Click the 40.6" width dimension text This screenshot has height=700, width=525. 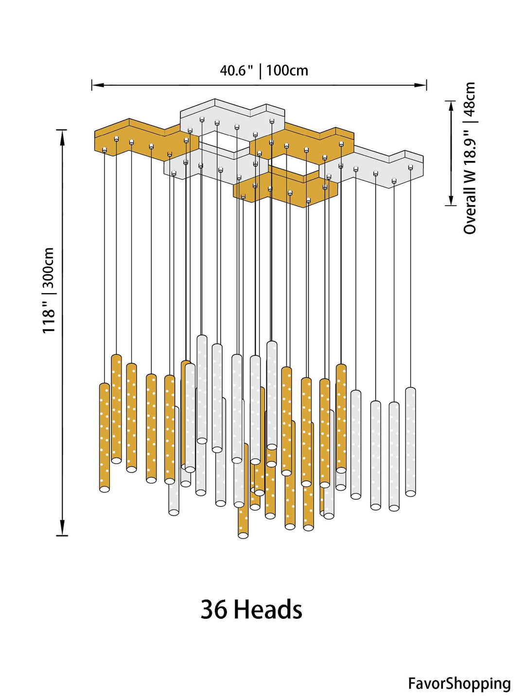236,71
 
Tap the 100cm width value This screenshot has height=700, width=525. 287,71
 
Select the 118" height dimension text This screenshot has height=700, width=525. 49,316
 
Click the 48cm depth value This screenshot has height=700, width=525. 470,97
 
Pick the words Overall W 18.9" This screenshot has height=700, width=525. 470,182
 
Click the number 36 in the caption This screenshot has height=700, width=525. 214,610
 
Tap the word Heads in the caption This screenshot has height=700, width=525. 268,610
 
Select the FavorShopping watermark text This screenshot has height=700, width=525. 459,683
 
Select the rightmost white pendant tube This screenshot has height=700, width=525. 411,441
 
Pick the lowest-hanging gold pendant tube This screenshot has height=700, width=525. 243,491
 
